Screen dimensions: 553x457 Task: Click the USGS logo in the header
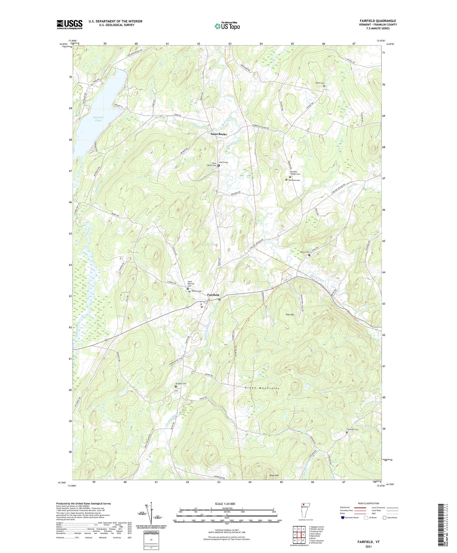point(69,24)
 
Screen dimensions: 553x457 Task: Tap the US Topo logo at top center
point(227,26)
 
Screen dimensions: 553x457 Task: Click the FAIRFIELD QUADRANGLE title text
point(378,21)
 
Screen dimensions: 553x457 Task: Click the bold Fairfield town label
point(213,295)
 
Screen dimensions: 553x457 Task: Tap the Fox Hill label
point(290,314)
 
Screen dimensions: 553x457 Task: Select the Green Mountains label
point(262,388)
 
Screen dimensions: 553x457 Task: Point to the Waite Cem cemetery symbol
point(324,86)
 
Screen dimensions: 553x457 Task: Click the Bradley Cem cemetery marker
point(175,386)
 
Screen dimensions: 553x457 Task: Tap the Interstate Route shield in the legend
point(343,518)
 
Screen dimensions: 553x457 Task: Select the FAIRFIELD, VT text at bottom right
point(369,542)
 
